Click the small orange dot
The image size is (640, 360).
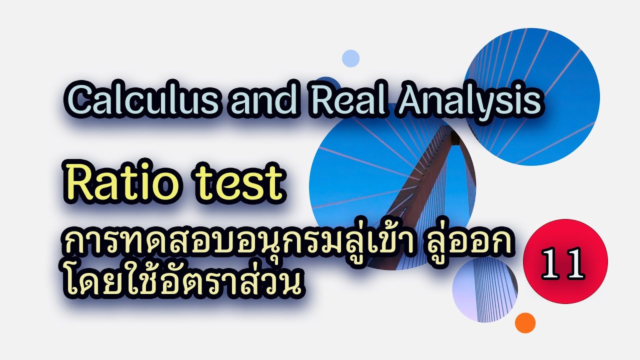[525, 322]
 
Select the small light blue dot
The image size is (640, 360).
[351, 58]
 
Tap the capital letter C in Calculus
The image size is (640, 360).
[76, 102]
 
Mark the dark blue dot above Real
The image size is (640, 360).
[327, 82]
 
